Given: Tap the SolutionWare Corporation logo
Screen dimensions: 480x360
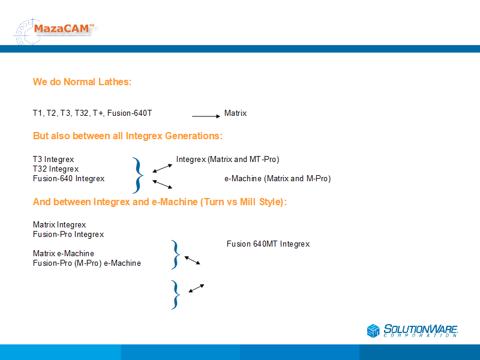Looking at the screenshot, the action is pyautogui.click(x=412, y=331).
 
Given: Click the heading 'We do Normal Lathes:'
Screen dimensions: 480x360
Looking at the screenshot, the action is pyautogui.click(x=82, y=82).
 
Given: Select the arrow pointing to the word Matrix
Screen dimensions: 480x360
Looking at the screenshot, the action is pyautogui.click(x=206, y=116).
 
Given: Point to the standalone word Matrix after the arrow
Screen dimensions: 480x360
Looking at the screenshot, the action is pyautogui.click(x=235, y=113).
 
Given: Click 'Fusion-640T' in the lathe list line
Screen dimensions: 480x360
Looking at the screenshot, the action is pyautogui.click(x=130, y=113).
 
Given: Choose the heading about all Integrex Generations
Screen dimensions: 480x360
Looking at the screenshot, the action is pyautogui.click(x=128, y=136).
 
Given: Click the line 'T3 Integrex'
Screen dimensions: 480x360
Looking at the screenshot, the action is pyautogui.click(x=53, y=159).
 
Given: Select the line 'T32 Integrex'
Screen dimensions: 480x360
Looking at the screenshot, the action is pyautogui.click(x=56, y=169).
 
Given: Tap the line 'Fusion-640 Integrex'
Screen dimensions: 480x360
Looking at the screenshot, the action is pyautogui.click(x=68, y=178).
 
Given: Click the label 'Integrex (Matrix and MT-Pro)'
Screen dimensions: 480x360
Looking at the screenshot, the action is pyautogui.click(x=228, y=159).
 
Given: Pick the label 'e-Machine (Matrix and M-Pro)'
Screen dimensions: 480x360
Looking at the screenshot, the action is pyautogui.click(x=278, y=178).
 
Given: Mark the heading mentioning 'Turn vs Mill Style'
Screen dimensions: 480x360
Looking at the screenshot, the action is pyautogui.click(x=160, y=202).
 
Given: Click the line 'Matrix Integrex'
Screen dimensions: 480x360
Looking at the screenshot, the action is pyautogui.click(x=59, y=224).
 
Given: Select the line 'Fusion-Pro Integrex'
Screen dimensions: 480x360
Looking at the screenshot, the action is pyautogui.click(x=68, y=234).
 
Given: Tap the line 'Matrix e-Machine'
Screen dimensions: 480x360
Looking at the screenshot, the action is pyautogui.click(x=64, y=253).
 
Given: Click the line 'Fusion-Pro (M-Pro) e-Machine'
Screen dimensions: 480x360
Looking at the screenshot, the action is pyautogui.click(x=87, y=263).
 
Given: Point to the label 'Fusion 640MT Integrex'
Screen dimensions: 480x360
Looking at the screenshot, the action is pyautogui.click(x=268, y=244).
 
